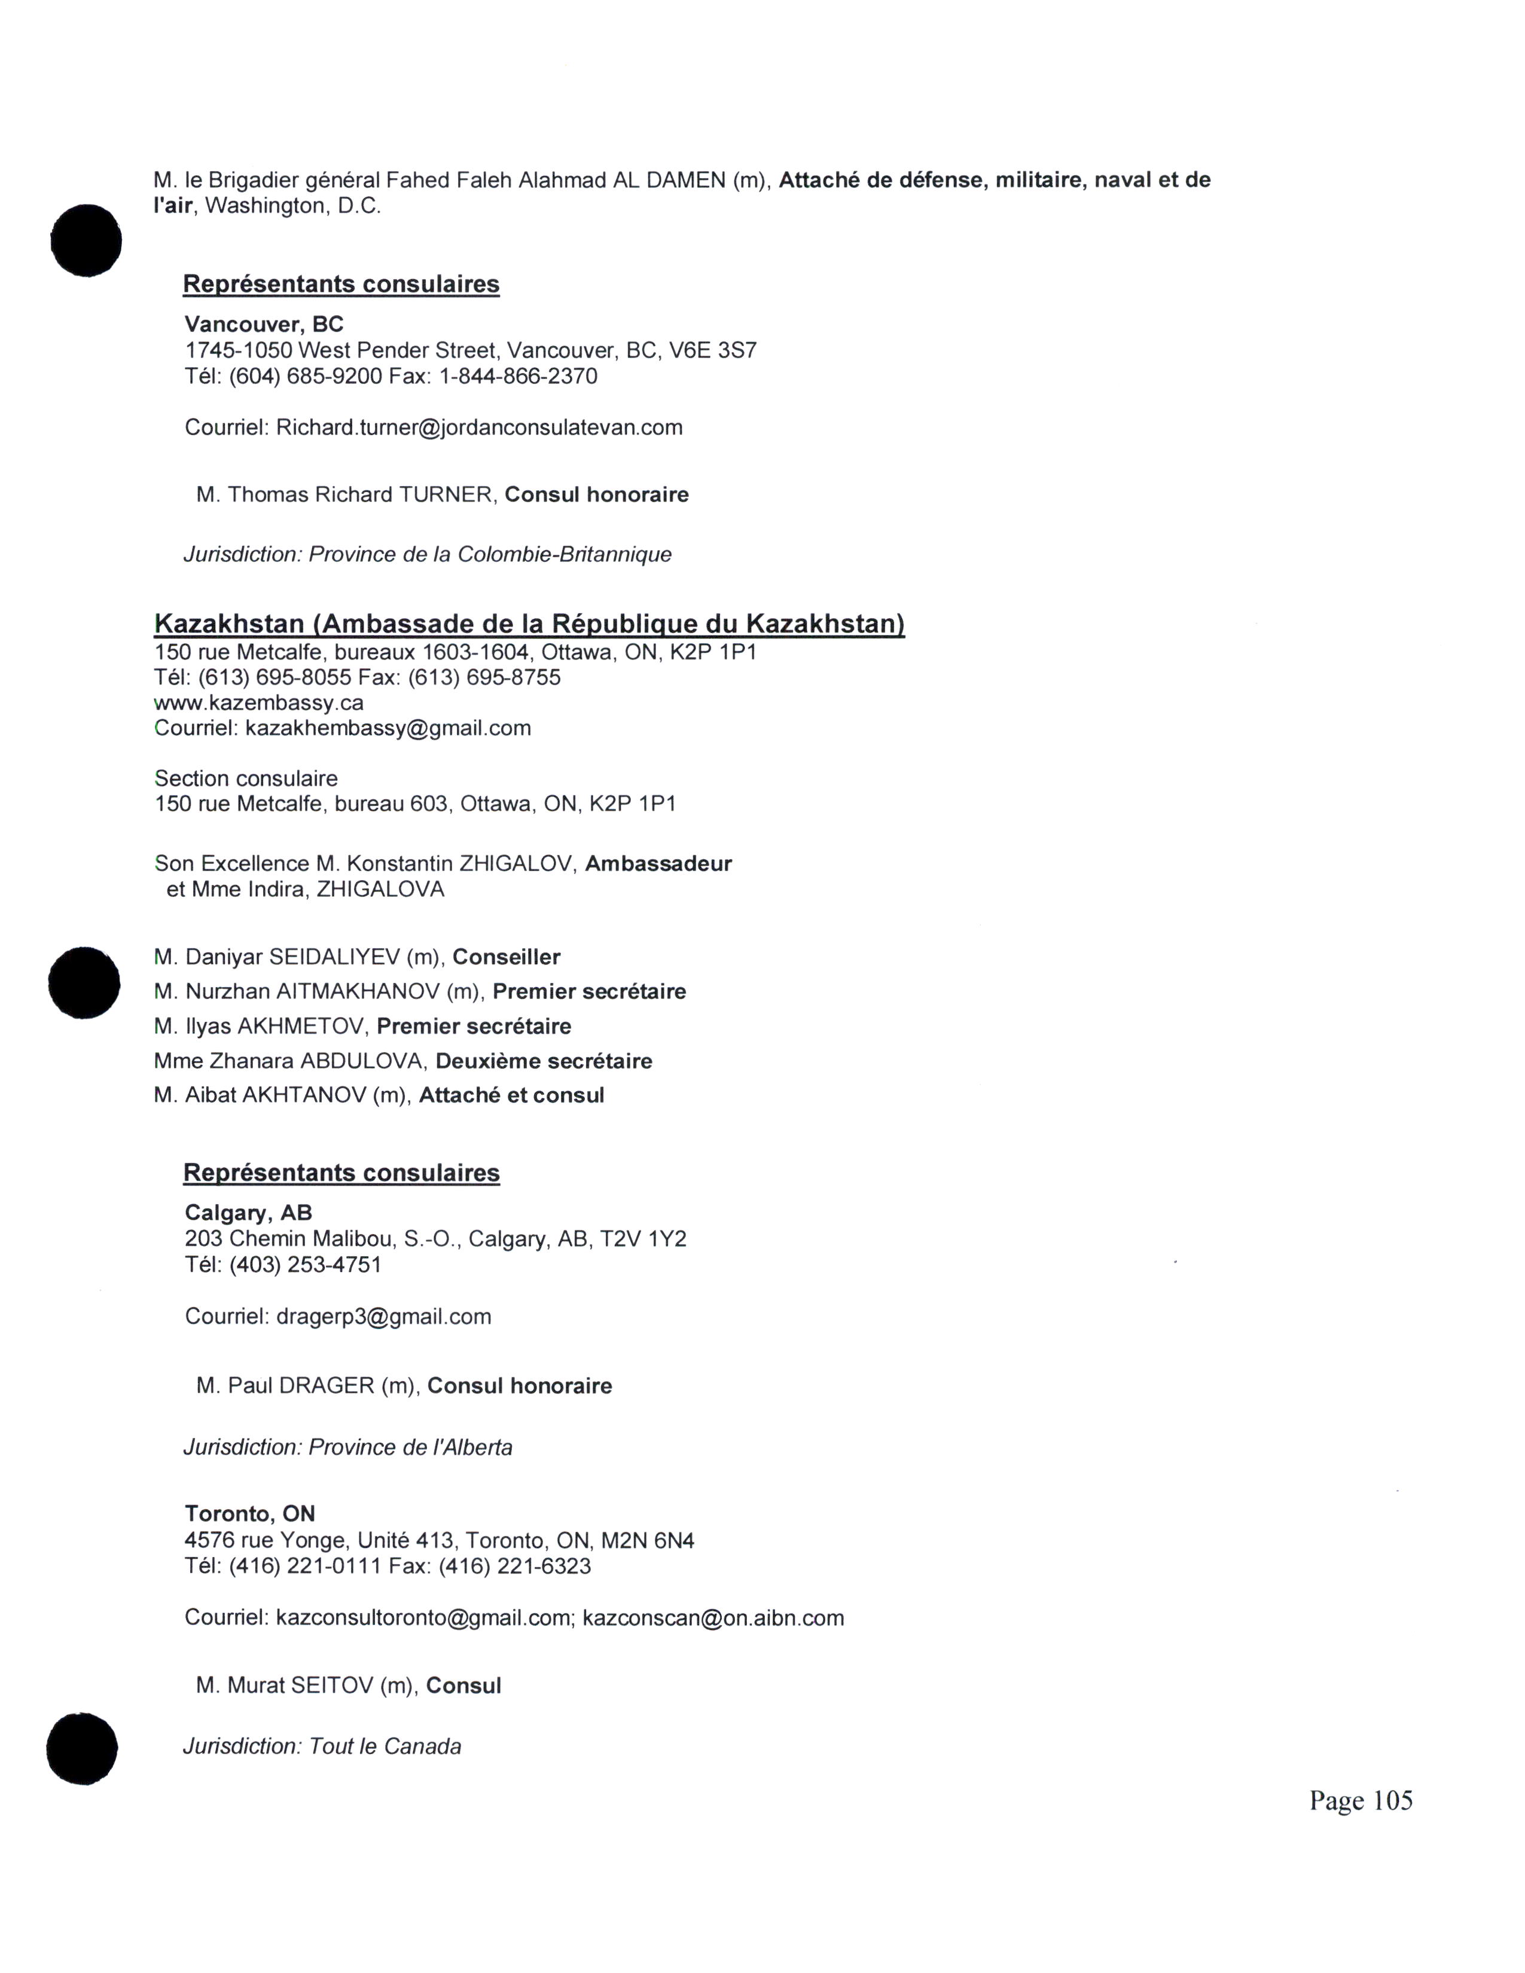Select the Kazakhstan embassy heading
(529, 624)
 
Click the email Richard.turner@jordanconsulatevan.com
(479, 427)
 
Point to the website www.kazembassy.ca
(260, 703)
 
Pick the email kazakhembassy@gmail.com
(388, 728)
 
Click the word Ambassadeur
(658, 864)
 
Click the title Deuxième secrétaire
(543, 1061)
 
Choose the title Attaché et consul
(511, 1096)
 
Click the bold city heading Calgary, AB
(248, 1212)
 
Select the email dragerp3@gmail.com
(383, 1317)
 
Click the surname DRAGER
(326, 1386)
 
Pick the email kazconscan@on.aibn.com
(713, 1618)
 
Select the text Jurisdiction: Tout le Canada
(322, 1746)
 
